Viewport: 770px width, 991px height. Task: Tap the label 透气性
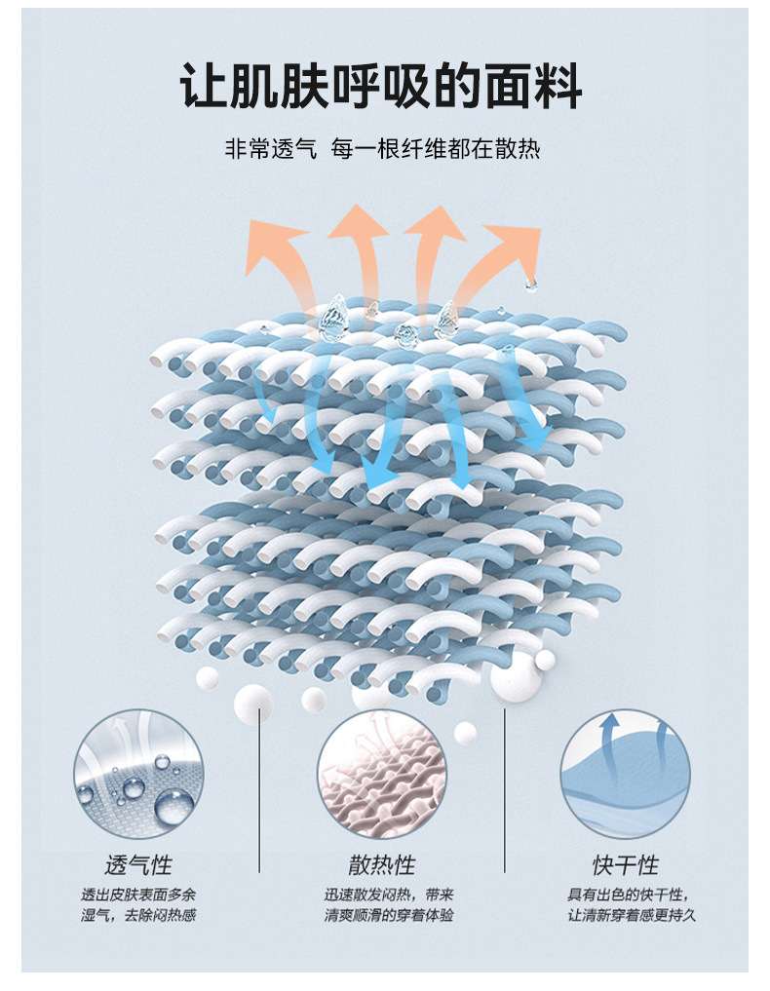[x=137, y=865]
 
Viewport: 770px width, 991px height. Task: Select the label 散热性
[x=382, y=865]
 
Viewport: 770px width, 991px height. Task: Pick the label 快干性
[x=626, y=865]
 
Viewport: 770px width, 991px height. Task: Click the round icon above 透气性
[x=137, y=776]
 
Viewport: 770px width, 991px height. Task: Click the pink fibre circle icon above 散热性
[x=382, y=776]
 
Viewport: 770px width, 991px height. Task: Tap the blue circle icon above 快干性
[x=626, y=776]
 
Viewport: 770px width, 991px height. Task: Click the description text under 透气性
[x=137, y=905]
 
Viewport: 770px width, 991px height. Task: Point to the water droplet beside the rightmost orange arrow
[x=531, y=284]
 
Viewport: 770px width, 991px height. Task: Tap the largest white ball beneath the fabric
[x=515, y=676]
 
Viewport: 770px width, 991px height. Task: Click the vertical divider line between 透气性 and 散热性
[x=259, y=789]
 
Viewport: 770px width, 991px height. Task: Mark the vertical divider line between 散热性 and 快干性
[x=504, y=789]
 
